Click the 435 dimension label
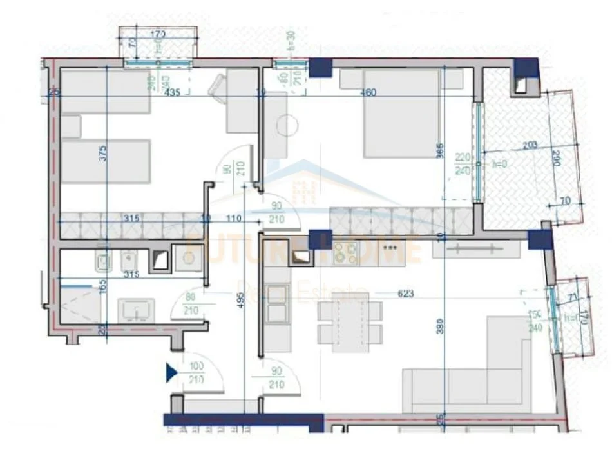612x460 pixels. coord(172,92)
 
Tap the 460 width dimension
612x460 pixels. coord(368,92)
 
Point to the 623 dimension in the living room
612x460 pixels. coord(405,294)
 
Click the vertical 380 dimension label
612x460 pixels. coord(440,328)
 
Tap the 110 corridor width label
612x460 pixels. coord(233,219)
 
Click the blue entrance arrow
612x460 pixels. coord(171,372)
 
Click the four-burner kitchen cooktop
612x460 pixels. coord(346,255)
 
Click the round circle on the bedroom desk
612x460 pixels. coord(286,124)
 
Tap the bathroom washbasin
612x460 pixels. coord(135,309)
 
